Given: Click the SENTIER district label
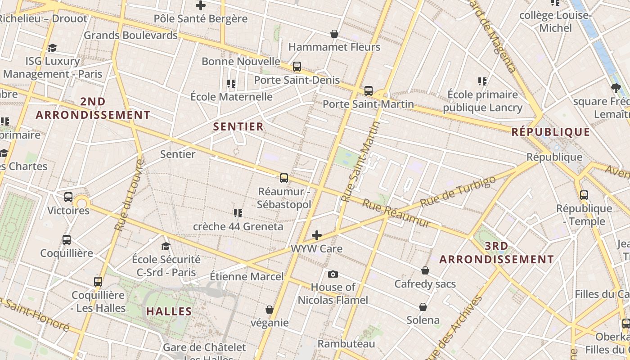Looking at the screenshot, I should [x=238, y=127].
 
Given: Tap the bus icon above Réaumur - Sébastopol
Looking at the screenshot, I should [x=284, y=178].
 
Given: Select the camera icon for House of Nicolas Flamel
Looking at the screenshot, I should [x=333, y=274].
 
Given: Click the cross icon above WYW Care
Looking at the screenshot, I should [x=317, y=235].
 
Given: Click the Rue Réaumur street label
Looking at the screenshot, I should [x=396, y=214].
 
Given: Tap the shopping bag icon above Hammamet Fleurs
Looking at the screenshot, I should [x=334, y=34].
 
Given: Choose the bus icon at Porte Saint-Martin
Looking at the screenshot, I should [x=369, y=91].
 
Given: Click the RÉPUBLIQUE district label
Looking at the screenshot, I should [x=551, y=132].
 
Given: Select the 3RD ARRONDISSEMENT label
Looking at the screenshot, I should [x=497, y=253].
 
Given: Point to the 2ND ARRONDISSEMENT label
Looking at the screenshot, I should [x=93, y=108].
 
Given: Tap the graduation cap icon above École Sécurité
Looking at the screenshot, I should [x=166, y=246].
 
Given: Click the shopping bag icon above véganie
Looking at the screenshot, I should [x=270, y=310].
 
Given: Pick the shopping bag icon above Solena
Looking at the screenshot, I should [x=423, y=307].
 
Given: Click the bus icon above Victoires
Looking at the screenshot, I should [x=68, y=197].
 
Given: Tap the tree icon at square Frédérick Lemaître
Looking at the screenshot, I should [x=616, y=88].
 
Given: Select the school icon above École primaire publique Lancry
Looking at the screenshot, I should [x=482, y=81].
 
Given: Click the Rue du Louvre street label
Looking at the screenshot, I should [x=129, y=196].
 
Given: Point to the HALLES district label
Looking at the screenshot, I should [x=169, y=311].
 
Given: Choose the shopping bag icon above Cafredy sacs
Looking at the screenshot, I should [x=425, y=270].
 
